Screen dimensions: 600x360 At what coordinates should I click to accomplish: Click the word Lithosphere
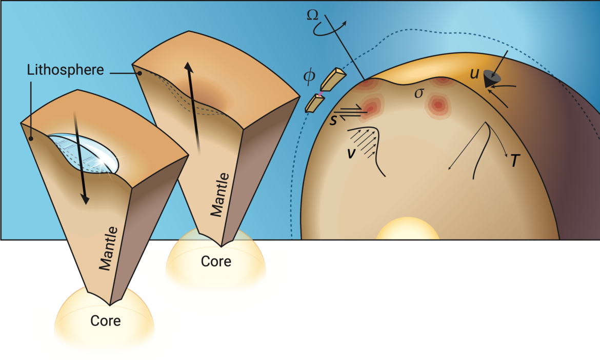(x=66, y=70)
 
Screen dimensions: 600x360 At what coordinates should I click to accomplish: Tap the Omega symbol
(x=313, y=15)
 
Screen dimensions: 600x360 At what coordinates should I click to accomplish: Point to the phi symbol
(x=309, y=76)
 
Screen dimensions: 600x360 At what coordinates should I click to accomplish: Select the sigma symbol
(x=419, y=93)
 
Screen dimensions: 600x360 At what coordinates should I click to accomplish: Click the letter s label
(x=333, y=120)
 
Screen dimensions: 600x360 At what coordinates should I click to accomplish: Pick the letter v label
(x=350, y=153)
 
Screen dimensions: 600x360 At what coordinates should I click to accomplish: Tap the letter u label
(x=474, y=73)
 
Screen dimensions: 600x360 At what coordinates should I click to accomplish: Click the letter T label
(x=515, y=161)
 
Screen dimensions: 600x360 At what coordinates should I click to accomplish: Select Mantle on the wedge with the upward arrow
(x=221, y=194)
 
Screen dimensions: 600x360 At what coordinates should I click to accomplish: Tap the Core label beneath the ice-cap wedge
(x=105, y=321)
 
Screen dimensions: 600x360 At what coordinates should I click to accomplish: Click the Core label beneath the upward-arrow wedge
(x=216, y=262)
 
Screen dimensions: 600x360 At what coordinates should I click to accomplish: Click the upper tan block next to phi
(x=333, y=79)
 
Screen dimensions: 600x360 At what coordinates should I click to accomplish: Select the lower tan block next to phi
(x=314, y=103)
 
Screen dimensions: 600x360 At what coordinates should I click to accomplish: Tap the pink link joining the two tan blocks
(x=321, y=93)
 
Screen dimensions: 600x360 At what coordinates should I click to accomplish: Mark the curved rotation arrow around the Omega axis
(x=329, y=29)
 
